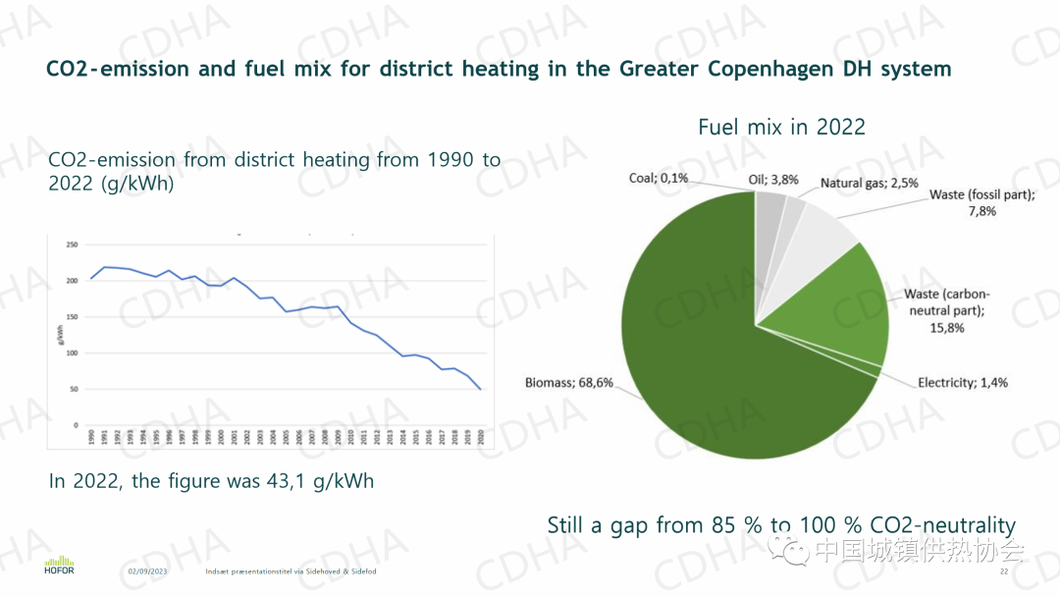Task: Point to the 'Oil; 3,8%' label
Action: [x=773, y=180]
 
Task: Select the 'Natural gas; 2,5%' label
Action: [x=870, y=183]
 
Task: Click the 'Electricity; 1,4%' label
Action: [x=962, y=382]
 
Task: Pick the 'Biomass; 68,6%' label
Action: [x=569, y=382]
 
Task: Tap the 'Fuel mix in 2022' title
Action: [x=781, y=127]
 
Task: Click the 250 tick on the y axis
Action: [x=72, y=244]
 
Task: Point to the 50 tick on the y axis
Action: [x=74, y=389]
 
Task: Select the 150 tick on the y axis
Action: [x=72, y=317]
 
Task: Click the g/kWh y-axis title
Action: [x=61, y=335]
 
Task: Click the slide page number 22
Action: [x=1004, y=571]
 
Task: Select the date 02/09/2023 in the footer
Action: [x=148, y=571]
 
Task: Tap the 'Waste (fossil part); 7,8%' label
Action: [x=981, y=202]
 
